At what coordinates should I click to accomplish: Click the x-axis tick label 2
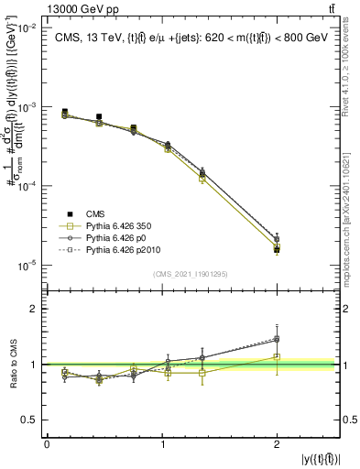click(278, 444)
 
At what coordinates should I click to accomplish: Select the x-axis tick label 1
click(162, 444)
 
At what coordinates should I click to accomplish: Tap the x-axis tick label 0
click(47, 444)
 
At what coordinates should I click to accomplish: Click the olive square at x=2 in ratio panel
click(278, 357)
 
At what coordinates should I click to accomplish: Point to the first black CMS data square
click(65, 112)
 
